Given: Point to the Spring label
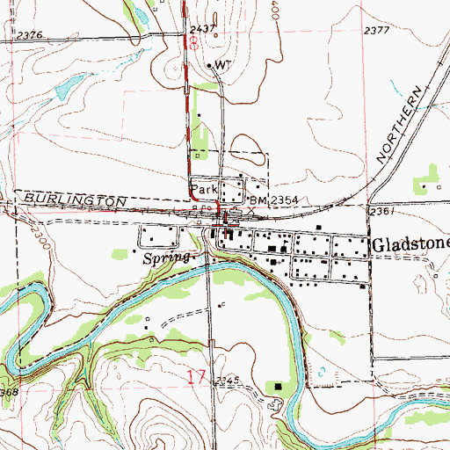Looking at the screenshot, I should tap(164, 260).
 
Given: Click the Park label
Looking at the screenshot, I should tap(203, 189).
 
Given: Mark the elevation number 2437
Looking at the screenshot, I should tap(202, 29).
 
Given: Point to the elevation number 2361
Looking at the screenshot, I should tap(380, 212).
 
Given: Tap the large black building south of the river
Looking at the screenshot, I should tap(279, 386).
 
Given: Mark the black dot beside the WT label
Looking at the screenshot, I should tap(208, 66).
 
